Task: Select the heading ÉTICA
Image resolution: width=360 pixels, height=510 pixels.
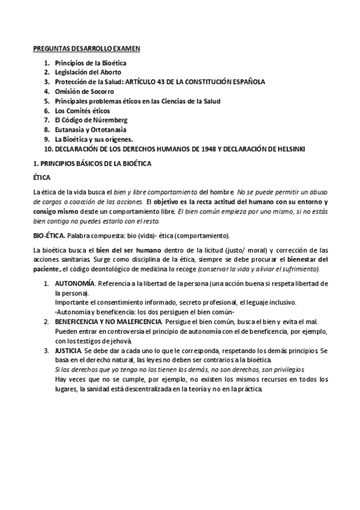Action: [x=41, y=178]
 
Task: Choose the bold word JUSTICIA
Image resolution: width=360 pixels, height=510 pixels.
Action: [x=68, y=349]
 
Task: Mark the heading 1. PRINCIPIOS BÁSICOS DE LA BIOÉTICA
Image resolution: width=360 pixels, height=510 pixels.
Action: [x=91, y=164]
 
